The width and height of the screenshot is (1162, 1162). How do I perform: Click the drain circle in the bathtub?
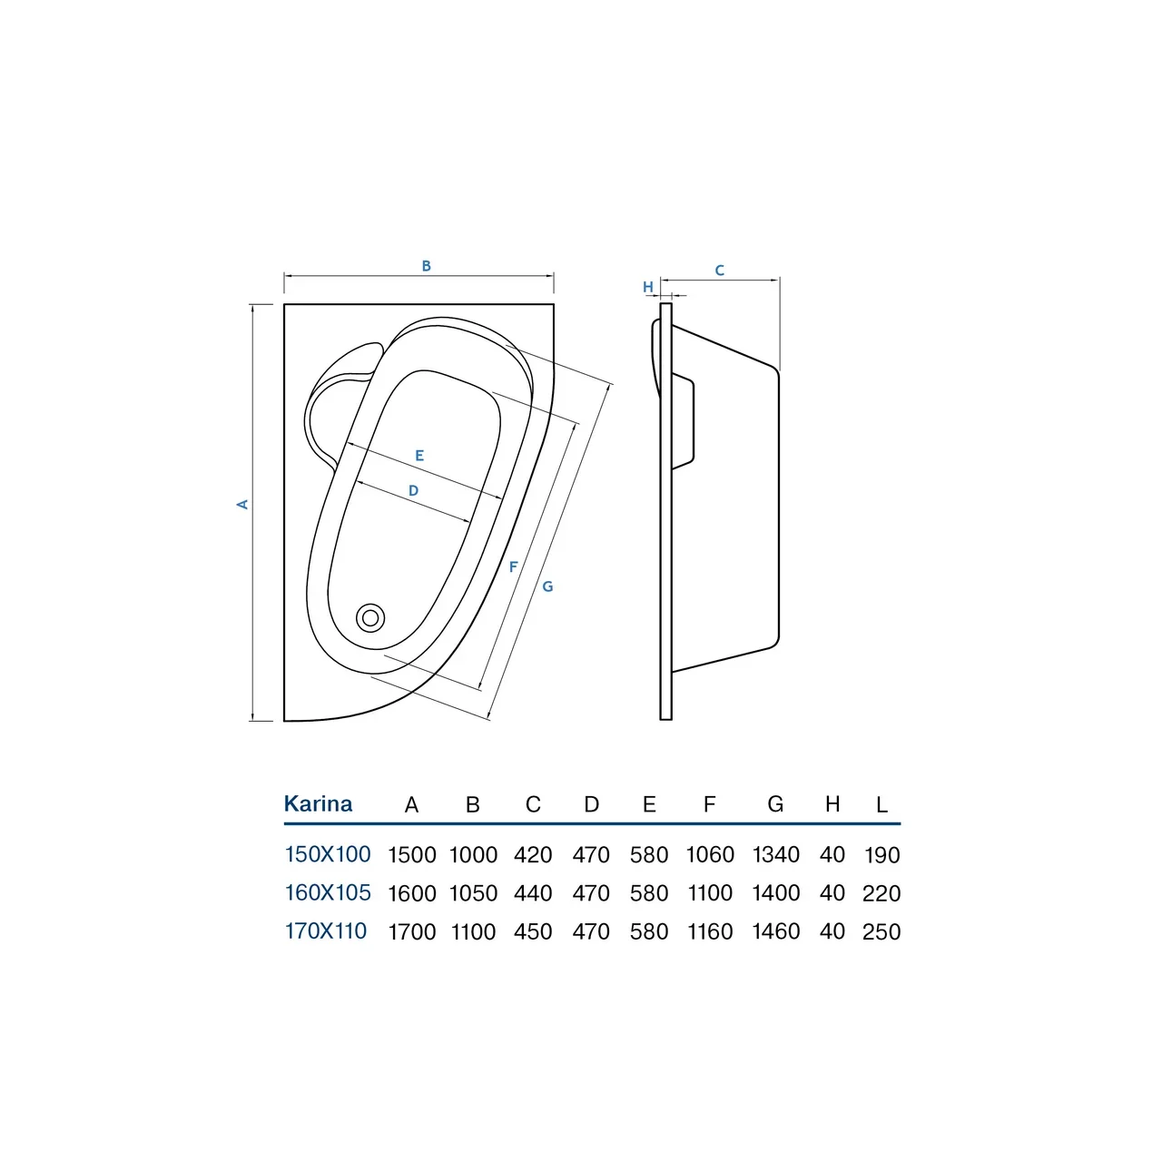point(370,617)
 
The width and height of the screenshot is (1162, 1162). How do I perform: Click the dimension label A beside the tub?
point(241,504)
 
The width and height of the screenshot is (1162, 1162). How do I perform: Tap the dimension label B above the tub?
point(427,266)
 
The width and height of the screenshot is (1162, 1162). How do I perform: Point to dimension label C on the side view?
point(719,271)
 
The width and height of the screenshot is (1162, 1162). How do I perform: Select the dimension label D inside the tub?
point(413,490)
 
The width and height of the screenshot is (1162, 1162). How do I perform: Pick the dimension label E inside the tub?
point(419,456)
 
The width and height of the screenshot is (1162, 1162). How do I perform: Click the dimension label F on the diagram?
point(513,566)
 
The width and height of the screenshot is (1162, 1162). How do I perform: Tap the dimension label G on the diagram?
point(547,586)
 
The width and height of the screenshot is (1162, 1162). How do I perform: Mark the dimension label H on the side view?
point(648,287)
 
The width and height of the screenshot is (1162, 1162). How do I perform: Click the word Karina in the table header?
point(318,803)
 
